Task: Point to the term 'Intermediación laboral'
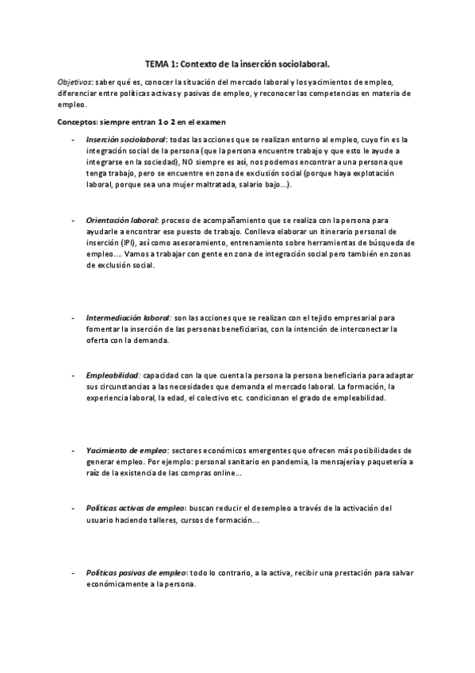tap(128, 316)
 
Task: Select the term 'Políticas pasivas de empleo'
tap(136, 572)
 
